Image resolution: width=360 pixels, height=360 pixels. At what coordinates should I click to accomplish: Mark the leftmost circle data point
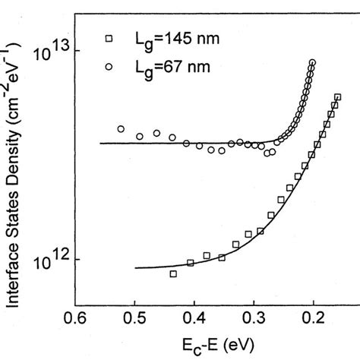121,129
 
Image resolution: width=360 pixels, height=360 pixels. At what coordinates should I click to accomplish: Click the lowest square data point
173,273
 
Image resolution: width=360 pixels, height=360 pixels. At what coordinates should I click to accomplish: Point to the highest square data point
338,97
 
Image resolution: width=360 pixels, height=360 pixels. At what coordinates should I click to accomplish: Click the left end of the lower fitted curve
135,267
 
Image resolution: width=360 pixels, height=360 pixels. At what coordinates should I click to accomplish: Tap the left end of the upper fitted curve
100,143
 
